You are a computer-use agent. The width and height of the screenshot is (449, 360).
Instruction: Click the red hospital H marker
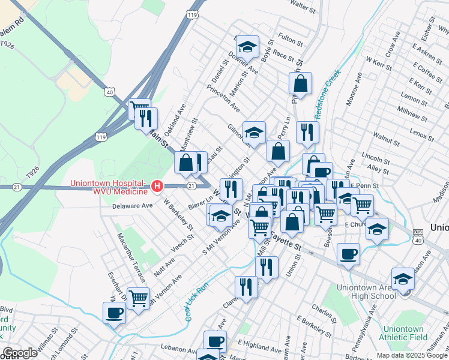[x=157, y=187]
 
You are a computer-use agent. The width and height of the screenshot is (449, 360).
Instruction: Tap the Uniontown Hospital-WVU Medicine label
[x=108, y=187]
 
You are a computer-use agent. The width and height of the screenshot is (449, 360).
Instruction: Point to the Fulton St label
[x=291, y=40]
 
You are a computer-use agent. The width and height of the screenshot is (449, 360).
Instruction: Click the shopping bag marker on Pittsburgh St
[x=301, y=83]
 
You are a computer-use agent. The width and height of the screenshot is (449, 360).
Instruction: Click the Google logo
[x=19, y=353]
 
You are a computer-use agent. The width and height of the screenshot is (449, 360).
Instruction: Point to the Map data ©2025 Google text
[x=412, y=355]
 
